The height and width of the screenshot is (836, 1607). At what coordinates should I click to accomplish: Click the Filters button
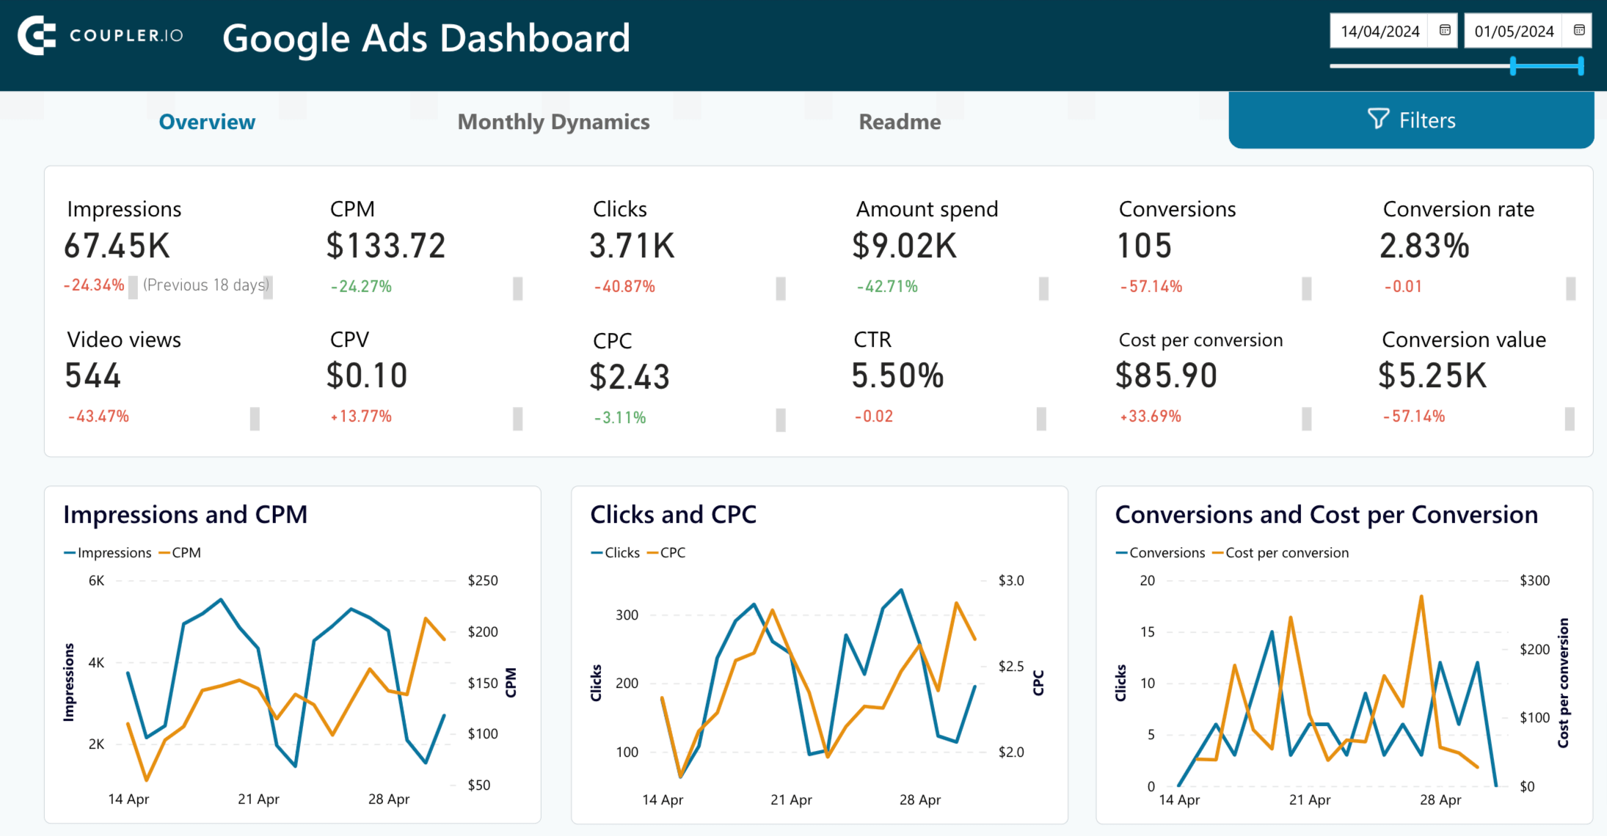coord(1410,120)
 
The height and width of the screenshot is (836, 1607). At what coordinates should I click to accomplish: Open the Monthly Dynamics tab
coord(553,122)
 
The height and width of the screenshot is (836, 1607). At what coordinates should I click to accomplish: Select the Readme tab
coord(900,122)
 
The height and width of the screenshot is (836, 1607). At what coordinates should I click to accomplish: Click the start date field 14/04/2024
coord(1380,32)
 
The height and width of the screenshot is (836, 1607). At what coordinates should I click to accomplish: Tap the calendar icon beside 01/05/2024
coord(1578,31)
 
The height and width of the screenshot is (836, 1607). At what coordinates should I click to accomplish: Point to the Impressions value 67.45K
coord(117,246)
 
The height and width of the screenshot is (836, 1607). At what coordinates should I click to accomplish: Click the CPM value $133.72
coord(386,246)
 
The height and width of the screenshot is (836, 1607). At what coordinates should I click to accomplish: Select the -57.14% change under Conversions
coord(1151,287)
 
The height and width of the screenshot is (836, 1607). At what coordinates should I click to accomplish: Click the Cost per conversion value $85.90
coord(1166,375)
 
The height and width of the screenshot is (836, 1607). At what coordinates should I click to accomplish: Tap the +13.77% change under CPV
coord(361,417)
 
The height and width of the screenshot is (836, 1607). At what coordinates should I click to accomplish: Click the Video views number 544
coord(93,375)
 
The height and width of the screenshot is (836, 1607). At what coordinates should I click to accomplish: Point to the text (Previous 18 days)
coord(206,285)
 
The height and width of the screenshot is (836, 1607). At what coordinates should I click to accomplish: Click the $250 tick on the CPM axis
coord(482,581)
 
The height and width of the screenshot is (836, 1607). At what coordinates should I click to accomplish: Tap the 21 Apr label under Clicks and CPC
coord(791,800)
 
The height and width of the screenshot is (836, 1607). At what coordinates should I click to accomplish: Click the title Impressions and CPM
coord(185,515)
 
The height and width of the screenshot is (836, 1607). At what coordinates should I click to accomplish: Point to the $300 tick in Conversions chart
coord(1534,581)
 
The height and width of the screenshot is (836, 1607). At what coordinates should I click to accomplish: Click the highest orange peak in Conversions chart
coord(1421,597)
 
